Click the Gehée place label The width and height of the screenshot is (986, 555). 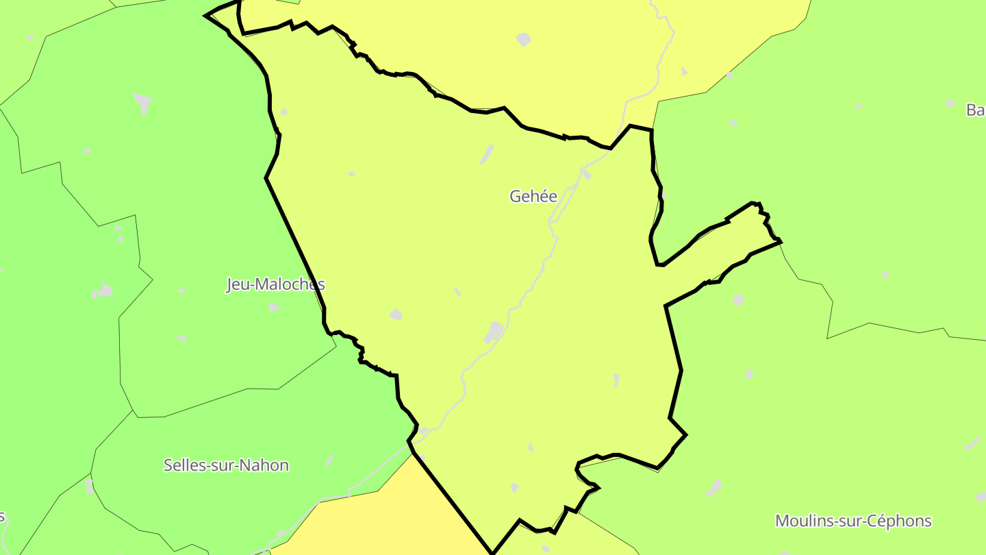click(533, 197)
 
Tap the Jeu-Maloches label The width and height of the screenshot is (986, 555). click(275, 284)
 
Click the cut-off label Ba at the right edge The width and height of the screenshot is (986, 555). click(976, 110)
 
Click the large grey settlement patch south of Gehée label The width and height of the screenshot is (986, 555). click(494, 333)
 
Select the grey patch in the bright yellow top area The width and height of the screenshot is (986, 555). click(523, 40)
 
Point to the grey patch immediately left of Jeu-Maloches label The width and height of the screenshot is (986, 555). click(103, 291)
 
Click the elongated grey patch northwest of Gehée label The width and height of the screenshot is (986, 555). click(487, 154)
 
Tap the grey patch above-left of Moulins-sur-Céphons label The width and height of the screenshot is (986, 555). click(714, 488)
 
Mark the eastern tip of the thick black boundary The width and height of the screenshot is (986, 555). click(781, 241)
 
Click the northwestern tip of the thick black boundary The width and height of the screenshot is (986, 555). click(206, 15)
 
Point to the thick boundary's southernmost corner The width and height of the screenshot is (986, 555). click(492, 552)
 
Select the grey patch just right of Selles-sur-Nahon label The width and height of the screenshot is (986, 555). click(329, 460)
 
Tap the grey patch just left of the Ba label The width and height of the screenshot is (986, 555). click(951, 103)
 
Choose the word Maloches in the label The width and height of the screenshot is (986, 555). click(294, 284)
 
